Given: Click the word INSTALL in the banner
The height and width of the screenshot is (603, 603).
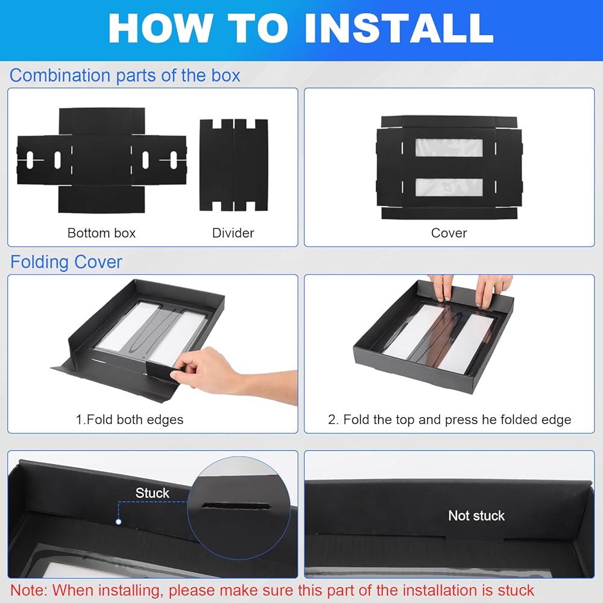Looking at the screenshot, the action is point(399,28).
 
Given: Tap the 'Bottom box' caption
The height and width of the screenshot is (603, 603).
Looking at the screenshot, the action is point(101,233).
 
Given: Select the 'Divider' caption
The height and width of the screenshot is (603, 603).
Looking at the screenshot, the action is point(233,233).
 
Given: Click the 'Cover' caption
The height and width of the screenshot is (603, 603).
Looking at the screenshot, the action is point(449,233).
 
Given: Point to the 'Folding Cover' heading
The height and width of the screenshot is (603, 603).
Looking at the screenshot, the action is point(66,262).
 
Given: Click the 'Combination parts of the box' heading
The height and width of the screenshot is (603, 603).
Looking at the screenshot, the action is point(125,75).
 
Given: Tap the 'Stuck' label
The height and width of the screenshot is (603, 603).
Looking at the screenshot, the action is point(153,493).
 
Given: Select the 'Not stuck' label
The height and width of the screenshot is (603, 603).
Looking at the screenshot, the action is point(476,516).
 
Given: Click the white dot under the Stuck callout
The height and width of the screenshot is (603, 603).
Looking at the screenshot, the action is point(118,522).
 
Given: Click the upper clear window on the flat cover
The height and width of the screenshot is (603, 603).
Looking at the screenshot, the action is point(449,148).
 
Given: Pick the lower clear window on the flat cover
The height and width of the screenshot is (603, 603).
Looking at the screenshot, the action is point(449,187).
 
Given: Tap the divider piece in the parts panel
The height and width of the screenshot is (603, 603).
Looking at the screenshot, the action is point(233,165).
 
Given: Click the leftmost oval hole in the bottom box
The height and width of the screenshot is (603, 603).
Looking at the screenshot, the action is point(30,160).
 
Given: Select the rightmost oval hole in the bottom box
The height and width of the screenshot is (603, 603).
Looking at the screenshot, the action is point(174,160).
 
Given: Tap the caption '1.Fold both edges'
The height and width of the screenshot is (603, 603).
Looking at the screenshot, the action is point(129,420).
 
